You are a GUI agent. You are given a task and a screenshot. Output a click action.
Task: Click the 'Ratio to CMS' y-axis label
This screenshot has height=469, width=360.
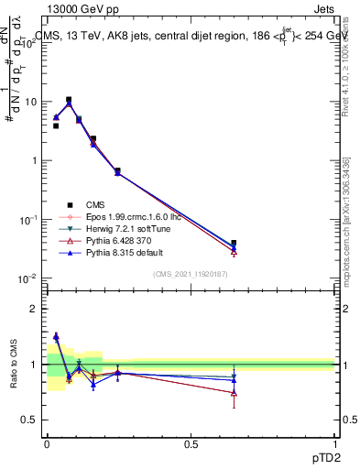click(14, 365)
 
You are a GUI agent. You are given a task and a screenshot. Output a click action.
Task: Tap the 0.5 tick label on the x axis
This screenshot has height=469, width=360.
click(191, 443)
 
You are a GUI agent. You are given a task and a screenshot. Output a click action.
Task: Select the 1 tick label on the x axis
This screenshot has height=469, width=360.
click(336, 443)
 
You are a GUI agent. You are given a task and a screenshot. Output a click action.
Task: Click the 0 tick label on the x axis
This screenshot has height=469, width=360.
click(47, 443)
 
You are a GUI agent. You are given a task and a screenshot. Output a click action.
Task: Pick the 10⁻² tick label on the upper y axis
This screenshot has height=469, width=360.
click(29, 278)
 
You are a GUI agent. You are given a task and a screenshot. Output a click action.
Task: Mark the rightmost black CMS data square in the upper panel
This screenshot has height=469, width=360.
click(235, 244)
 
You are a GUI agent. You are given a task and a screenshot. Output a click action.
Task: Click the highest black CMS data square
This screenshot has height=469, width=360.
click(69, 100)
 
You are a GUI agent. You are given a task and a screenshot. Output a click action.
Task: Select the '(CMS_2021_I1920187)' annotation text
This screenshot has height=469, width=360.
click(191, 273)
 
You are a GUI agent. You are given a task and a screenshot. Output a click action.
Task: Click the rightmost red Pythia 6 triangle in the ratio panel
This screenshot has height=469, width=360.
click(235, 393)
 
